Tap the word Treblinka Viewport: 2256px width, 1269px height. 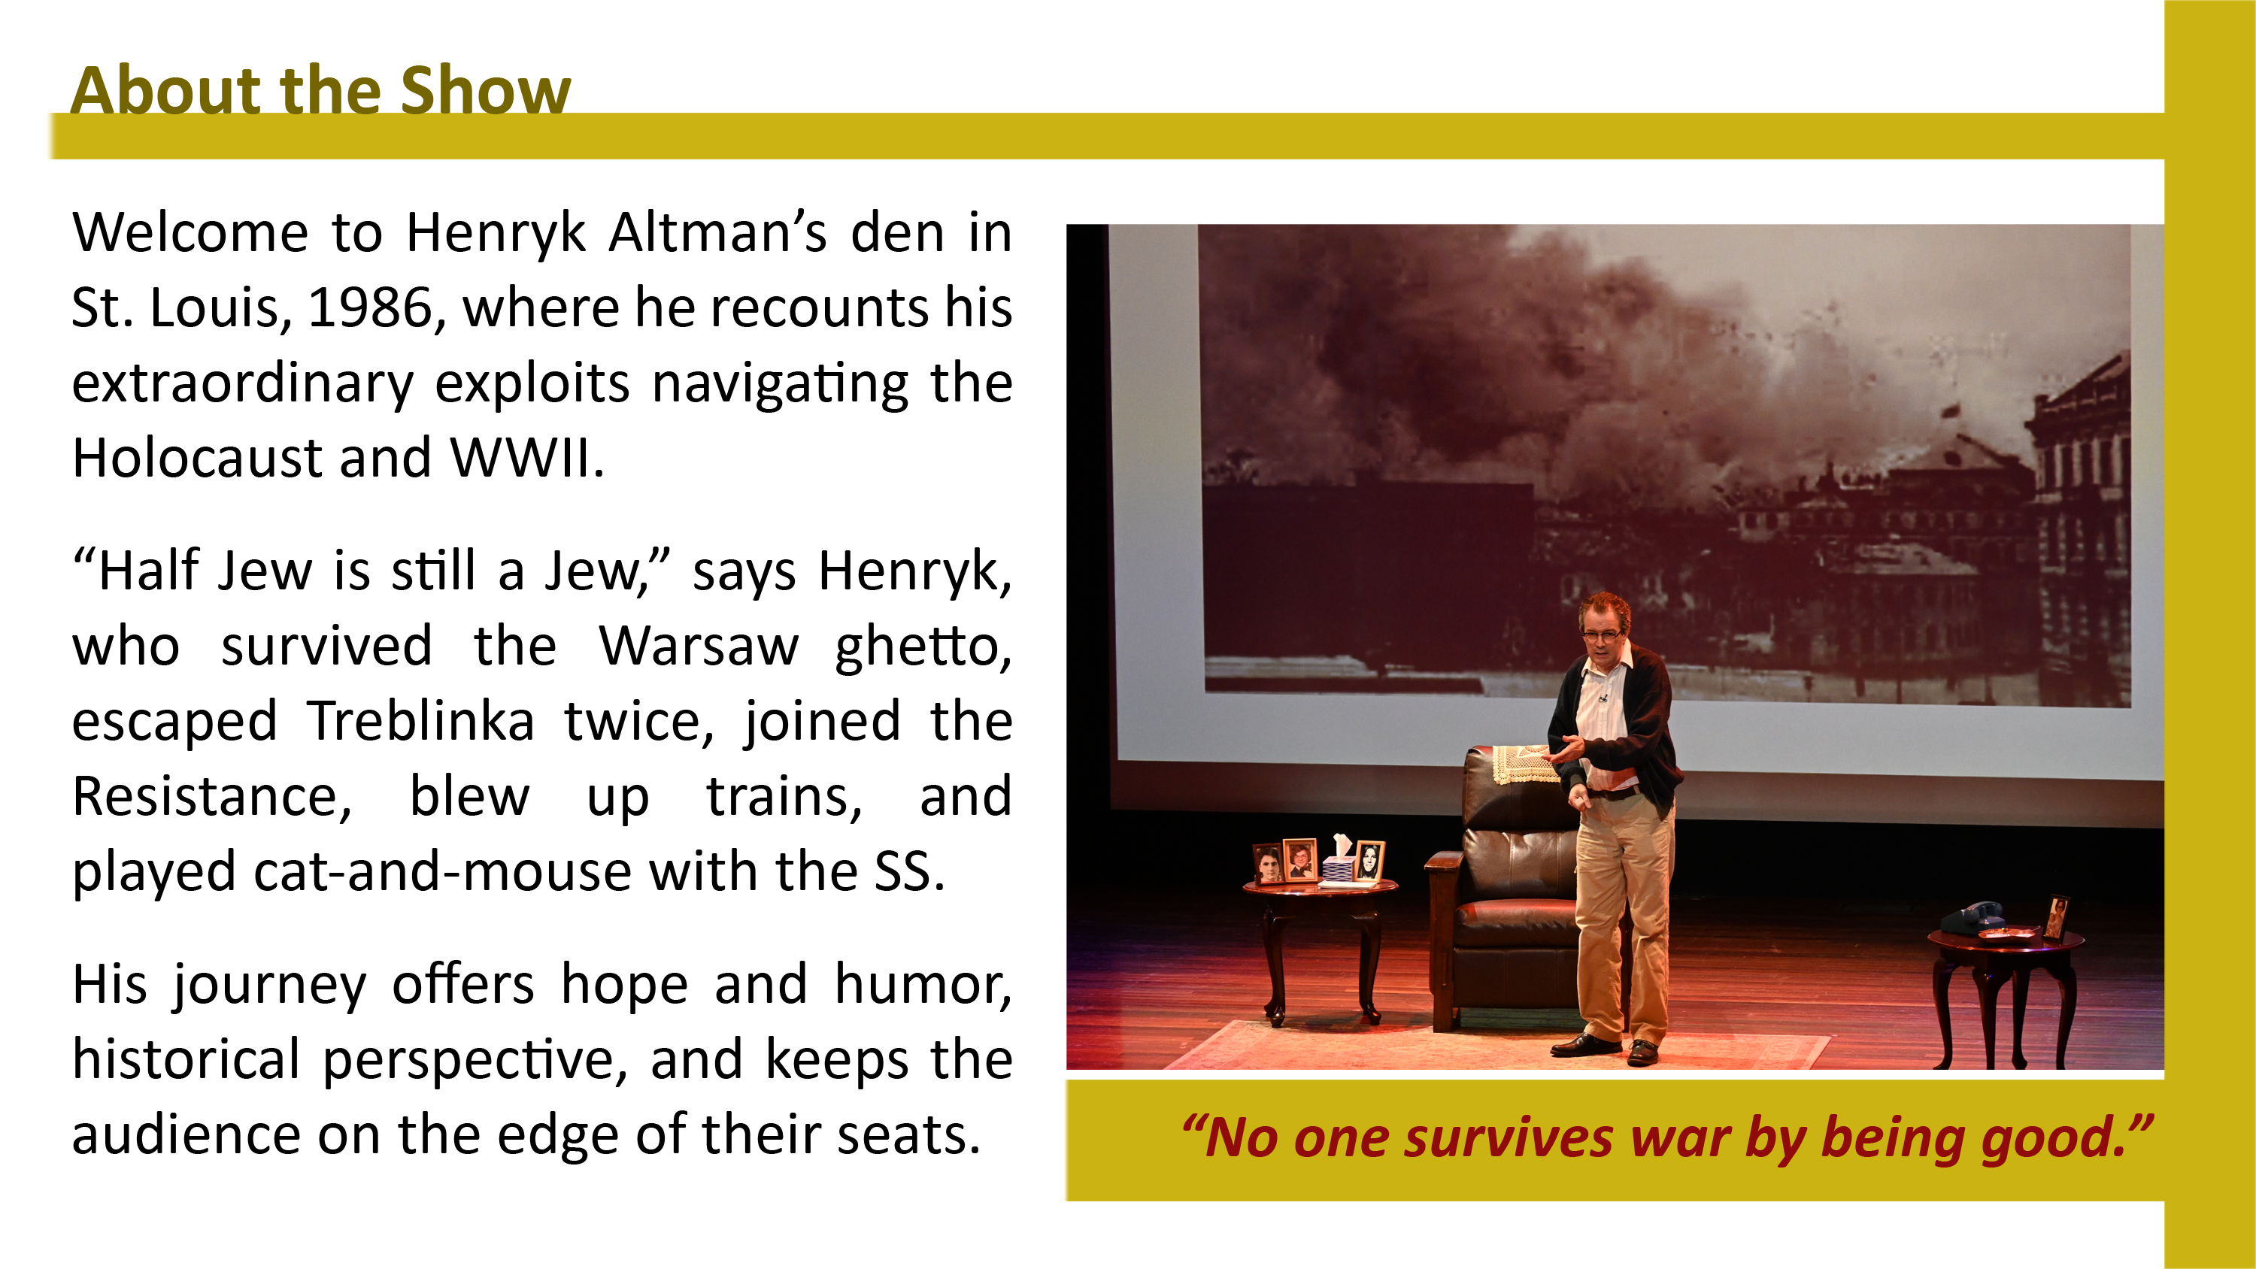click(420, 722)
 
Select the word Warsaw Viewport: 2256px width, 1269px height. click(698, 647)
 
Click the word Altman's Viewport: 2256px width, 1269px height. click(718, 233)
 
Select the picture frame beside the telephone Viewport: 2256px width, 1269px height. click(2056, 917)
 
